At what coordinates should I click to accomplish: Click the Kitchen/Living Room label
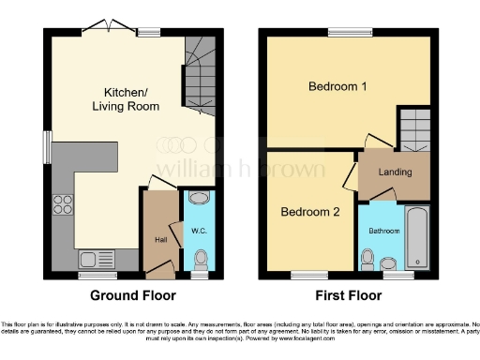coord(127,99)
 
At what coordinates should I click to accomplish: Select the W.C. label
coord(198,231)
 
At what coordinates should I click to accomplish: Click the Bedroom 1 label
coord(337,87)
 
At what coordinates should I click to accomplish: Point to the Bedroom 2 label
coord(310,212)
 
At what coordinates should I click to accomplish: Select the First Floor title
coord(346,296)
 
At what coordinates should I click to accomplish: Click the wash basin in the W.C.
coord(198,199)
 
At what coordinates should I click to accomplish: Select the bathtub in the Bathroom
coord(416,239)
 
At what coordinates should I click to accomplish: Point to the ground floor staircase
coord(200,72)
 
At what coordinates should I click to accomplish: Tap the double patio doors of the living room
coord(105,25)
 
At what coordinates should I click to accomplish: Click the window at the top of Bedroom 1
coord(342,32)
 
